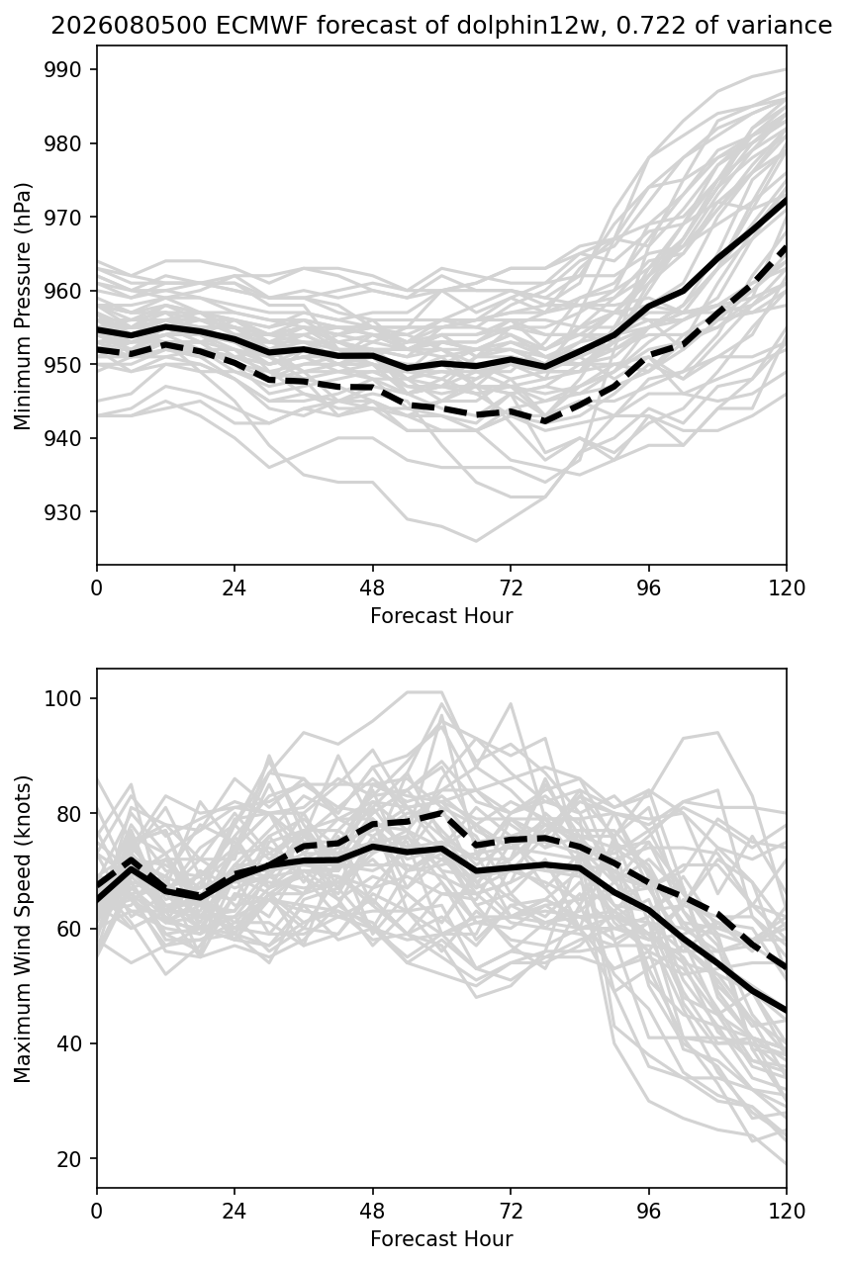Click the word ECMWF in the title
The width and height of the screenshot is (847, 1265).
(263, 26)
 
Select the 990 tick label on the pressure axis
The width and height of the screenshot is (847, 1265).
(62, 69)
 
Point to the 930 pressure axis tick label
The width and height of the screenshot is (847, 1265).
(62, 511)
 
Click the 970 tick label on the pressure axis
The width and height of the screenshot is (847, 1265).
(62, 217)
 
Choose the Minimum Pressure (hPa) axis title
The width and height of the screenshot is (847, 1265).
(23, 306)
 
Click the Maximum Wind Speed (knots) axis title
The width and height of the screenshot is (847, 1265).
(23, 929)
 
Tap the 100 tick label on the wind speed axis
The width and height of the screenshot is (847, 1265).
(62, 698)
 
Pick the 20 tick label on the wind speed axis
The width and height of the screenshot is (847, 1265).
(69, 1158)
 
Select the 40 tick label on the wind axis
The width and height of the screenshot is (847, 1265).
(69, 1043)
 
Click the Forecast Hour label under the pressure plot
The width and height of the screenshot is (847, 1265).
(441, 615)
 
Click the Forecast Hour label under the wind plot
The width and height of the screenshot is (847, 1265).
(441, 1238)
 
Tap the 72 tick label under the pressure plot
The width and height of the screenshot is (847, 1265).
(511, 587)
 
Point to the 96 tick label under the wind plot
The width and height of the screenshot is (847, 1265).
(649, 1211)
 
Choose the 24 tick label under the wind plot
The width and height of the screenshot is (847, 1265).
(235, 1211)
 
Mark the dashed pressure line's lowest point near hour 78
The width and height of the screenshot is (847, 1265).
(545, 421)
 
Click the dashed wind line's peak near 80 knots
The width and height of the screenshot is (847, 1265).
(441, 813)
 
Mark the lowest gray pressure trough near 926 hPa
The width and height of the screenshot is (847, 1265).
(476, 541)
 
